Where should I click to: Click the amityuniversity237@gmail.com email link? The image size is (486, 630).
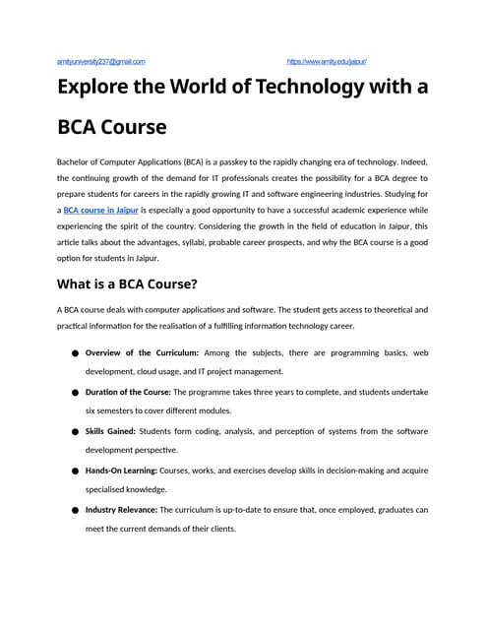pos(101,61)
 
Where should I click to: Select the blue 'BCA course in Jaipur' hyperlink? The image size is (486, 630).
pos(101,210)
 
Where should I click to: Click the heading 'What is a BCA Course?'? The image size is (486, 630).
pos(129,284)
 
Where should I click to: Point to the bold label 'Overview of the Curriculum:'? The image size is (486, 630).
pos(143,352)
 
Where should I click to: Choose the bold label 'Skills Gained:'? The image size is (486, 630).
pos(111,431)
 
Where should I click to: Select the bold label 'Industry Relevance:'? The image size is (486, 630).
pos(121,510)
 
